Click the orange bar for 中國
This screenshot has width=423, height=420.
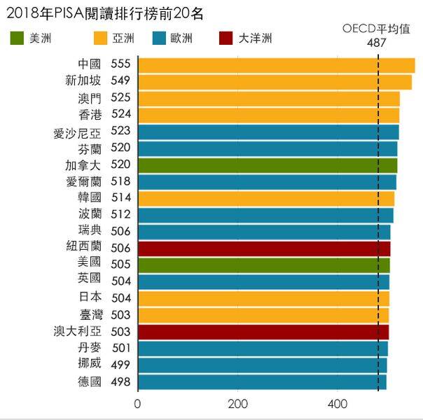coord(276,65)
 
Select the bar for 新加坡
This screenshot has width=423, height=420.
coord(275,82)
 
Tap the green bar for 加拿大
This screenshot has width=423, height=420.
coord(268,165)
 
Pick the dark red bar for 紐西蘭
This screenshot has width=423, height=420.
coord(264,248)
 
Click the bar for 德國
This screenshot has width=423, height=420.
coord(262,382)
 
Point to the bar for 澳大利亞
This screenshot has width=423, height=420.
coord(263,332)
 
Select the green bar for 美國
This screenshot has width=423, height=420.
coord(263,265)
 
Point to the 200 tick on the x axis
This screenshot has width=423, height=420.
coord(238,405)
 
